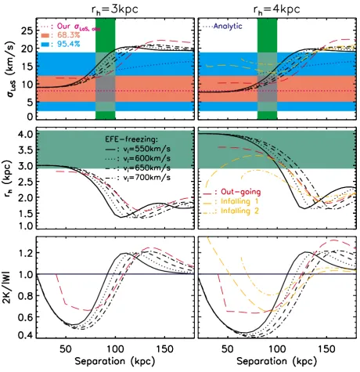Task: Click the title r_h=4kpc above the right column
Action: pos(276,9)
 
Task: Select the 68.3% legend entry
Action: pos(60,35)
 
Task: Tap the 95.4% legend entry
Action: pos(60,44)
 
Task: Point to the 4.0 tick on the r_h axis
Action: pos(25,134)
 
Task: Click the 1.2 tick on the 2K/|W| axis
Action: pos(25,253)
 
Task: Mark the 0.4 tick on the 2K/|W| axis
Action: pos(25,334)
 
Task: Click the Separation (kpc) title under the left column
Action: pos(115,361)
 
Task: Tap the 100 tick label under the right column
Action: pos(277,349)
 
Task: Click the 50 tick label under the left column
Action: pos(65,349)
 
